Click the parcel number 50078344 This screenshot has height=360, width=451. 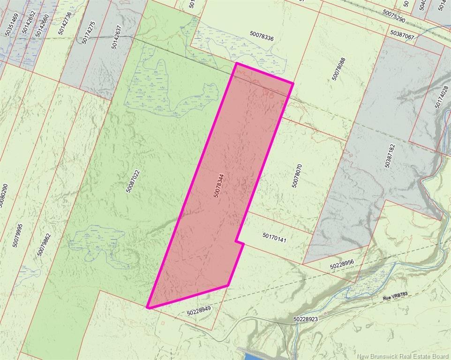219,186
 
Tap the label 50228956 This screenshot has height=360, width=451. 341,265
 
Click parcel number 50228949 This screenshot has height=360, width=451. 199,310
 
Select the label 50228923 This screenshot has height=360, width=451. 305,319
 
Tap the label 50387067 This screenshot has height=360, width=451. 402,36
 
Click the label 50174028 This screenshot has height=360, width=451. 442,97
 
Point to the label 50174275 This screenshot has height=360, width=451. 88,32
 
